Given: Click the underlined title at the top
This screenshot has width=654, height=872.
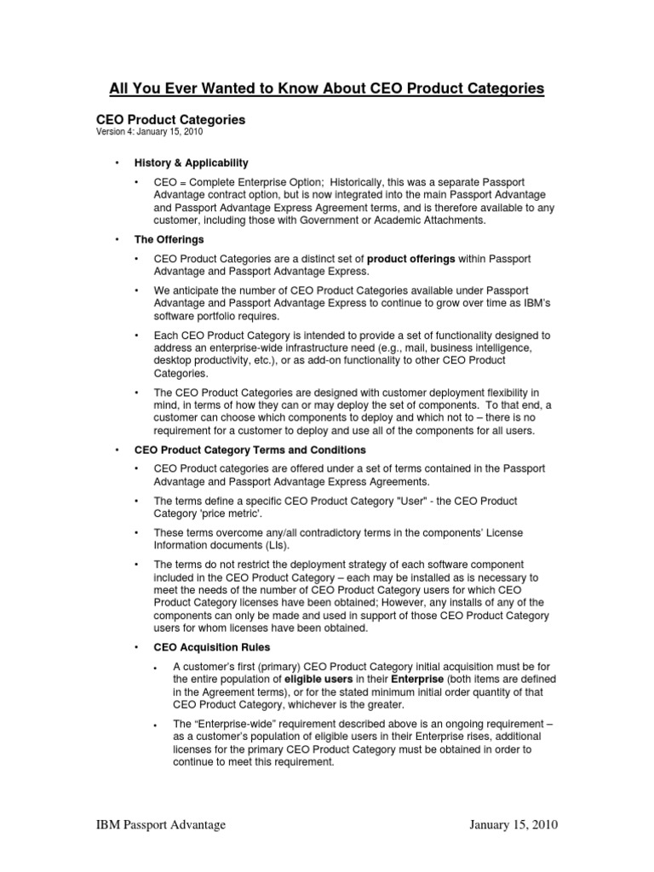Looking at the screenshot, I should click(326, 89).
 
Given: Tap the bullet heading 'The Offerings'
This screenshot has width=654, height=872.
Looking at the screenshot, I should click(169, 239).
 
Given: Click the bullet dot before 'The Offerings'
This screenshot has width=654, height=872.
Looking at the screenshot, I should click(117, 239).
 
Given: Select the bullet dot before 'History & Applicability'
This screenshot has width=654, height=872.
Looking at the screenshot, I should click(117, 162).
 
